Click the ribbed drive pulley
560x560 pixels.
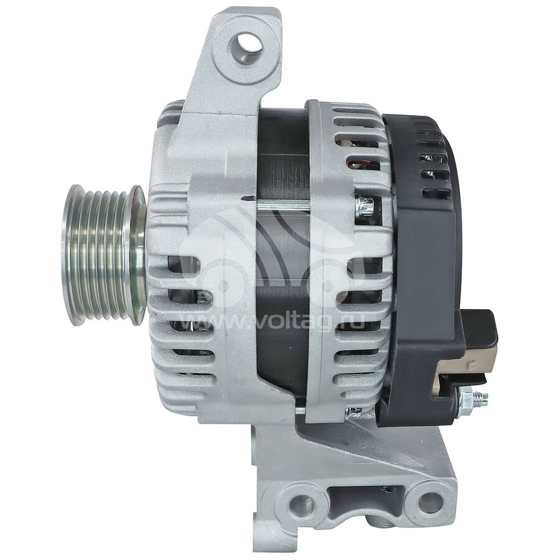[104, 255]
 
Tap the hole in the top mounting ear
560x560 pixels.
[247, 47]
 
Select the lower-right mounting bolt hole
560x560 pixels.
[429, 501]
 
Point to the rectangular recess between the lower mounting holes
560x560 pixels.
[365, 498]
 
